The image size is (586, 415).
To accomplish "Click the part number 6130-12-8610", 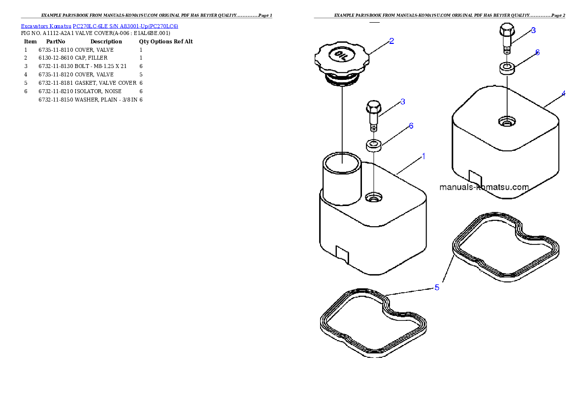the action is point(56,58).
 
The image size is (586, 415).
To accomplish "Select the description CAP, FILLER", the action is point(91,58).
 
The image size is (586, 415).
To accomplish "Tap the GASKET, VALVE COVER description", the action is point(106,83).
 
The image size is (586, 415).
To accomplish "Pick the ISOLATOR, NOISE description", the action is point(98,91).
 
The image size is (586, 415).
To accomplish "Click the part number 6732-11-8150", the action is point(56,100).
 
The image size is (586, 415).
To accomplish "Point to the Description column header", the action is point(106,41).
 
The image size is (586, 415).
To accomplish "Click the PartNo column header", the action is point(56,41).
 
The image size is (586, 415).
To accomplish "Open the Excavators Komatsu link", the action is point(46,26).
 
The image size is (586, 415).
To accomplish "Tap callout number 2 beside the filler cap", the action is point(391,41).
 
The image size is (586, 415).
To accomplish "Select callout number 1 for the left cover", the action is point(423,156).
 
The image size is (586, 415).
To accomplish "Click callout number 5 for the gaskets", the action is point(436,287).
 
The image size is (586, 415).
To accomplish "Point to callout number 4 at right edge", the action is point(563,94).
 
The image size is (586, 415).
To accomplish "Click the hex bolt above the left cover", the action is point(374,115).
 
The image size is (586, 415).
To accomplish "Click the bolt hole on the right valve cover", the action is point(507,121).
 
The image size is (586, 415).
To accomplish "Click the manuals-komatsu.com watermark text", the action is point(484,187).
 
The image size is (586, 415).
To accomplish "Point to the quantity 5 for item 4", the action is point(141,75).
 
